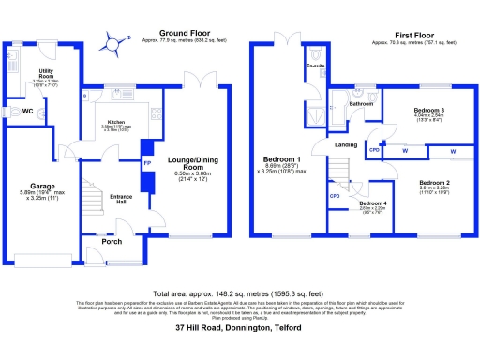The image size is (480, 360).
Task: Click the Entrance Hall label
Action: coord(114,200)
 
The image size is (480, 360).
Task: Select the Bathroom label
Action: coord(362,103)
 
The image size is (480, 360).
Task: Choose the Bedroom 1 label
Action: coord(282,159)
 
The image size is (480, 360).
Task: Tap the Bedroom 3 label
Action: coord(428,111)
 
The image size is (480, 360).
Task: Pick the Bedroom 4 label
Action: coord(371,203)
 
